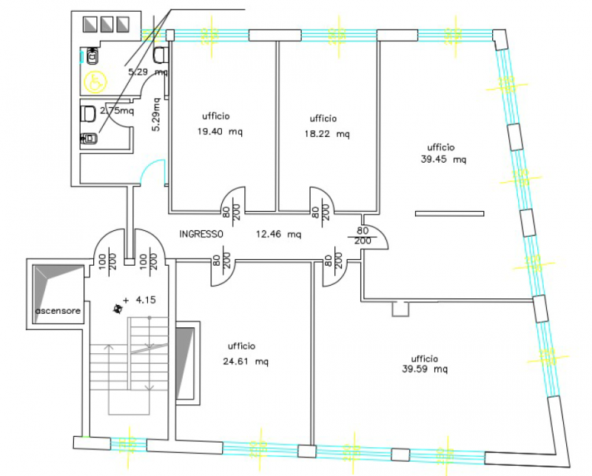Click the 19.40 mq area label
click(220, 133)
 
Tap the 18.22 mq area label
click(327, 135)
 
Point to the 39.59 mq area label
click(425, 369)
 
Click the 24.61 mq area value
click(246, 362)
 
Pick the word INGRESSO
click(201, 234)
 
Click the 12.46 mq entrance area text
click(278, 235)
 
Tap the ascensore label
click(58, 310)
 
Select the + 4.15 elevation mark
click(141, 300)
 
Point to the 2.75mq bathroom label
click(117, 111)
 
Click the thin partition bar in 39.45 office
click(450, 214)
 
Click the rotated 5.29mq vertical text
click(155, 115)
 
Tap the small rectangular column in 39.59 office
click(399, 309)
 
